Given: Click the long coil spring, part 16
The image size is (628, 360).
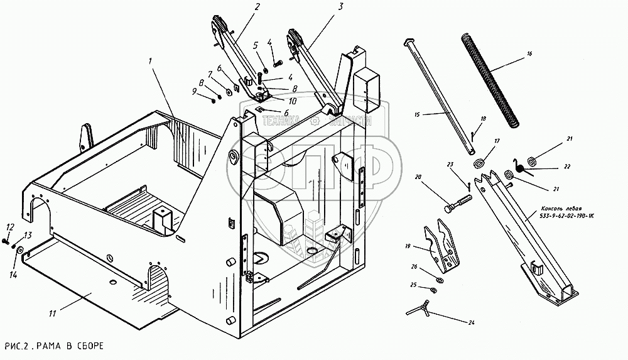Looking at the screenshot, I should (x=492, y=79).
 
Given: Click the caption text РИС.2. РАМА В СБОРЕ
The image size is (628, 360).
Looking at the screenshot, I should (x=53, y=347).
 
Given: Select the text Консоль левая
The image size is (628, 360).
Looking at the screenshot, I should (x=565, y=208).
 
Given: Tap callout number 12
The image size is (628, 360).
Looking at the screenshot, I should (x=10, y=227).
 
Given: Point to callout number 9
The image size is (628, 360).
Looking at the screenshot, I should (x=193, y=92).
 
